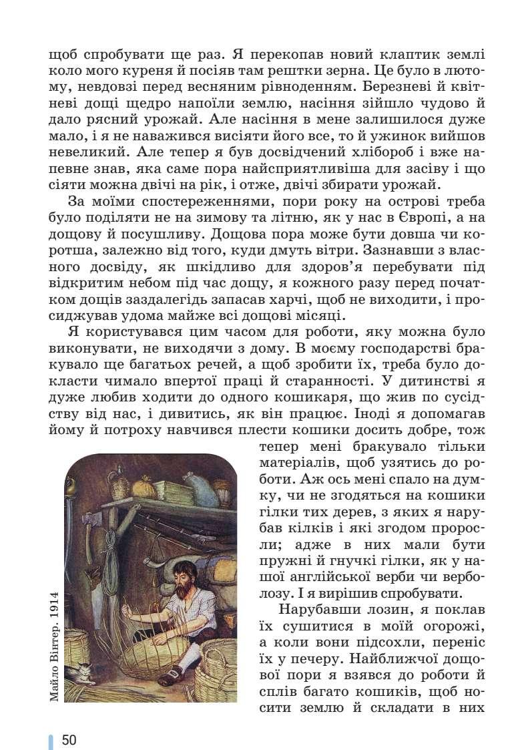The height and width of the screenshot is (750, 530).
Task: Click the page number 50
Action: click(69, 740)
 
